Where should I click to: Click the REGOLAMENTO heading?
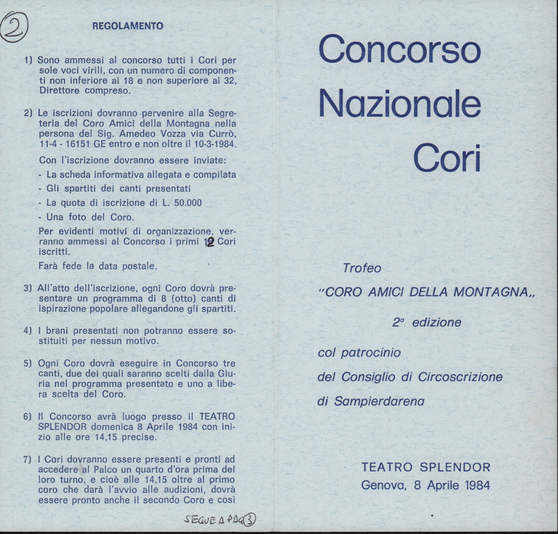pyautogui.click(x=128, y=26)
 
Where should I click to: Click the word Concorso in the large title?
pyautogui.click(x=400, y=49)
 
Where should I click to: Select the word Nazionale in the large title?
pyautogui.click(x=400, y=104)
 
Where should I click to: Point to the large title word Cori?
pyautogui.click(x=447, y=159)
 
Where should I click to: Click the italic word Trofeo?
pyautogui.click(x=362, y=268)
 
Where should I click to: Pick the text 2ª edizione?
pyautogui.click(x=427, y=322)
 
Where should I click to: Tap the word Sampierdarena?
pyautogui.click(x=379, y=401)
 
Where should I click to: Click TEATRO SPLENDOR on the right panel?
pyautogui.click(x=426, y=467)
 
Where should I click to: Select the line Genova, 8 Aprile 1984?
pyautogui.click(x=426, y=485)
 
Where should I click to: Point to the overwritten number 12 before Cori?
pyautogui.click(x=210, y=242)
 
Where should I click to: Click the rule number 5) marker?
pyautogui.click(x=28, y=363)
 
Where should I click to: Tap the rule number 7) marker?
pyautogui.click(x=28, y=459)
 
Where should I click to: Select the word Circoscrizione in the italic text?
pyautogui.click(x=460, y=377)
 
